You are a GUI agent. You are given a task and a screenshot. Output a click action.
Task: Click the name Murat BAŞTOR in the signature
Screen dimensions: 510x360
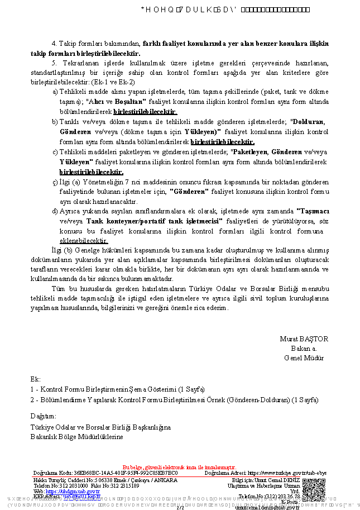click(304, 339)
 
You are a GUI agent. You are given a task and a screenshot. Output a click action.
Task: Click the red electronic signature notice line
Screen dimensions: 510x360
click(179, 467)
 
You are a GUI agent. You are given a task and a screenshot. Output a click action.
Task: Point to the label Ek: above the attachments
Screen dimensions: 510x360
click(35, 379)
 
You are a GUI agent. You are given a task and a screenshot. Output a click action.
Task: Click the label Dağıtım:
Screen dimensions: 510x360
click(44, 416)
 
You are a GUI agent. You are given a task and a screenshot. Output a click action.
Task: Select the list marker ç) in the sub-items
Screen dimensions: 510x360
click(55, 182)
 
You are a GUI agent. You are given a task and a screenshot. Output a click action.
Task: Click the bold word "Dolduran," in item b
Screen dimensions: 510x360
click(308, 122)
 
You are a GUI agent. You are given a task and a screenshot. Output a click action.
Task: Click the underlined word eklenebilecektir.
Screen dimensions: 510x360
click(83, 241)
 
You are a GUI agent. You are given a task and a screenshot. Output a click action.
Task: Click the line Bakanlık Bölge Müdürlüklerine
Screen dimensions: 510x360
click(76, 437)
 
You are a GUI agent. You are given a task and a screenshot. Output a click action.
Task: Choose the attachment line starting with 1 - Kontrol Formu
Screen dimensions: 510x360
click(118, 389)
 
